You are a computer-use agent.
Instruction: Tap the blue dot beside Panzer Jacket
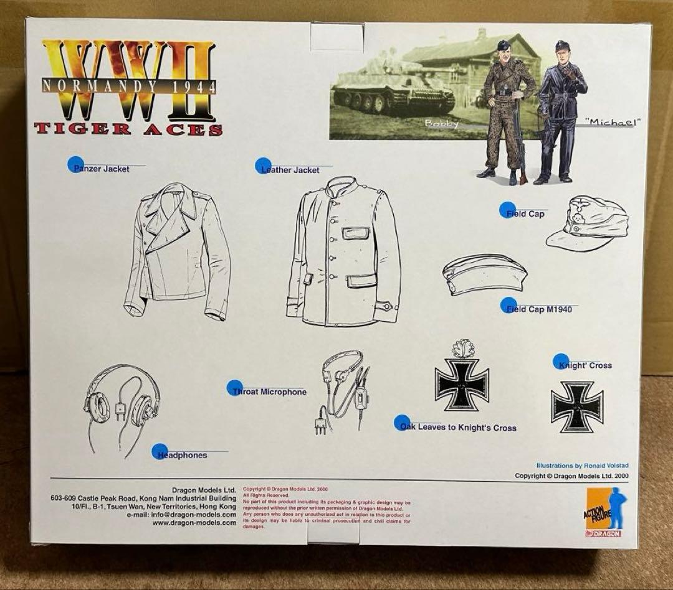click(75, 164)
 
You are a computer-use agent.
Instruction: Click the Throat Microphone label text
click(269, 392)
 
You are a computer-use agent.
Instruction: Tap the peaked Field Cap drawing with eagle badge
click(588, 223)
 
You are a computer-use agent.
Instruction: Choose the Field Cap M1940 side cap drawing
click(485, 274)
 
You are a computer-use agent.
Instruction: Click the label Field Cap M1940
click(539, 309)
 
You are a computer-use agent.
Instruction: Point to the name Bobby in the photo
click(441, 123)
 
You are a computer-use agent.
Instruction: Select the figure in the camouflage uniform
click(506, 112)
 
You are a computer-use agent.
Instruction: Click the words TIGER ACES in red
click(128, 129)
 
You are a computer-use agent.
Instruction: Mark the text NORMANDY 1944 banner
click(130, 85)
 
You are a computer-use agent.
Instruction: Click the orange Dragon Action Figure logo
click(603, 512)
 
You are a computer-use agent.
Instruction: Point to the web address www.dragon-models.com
click(194, 523)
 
